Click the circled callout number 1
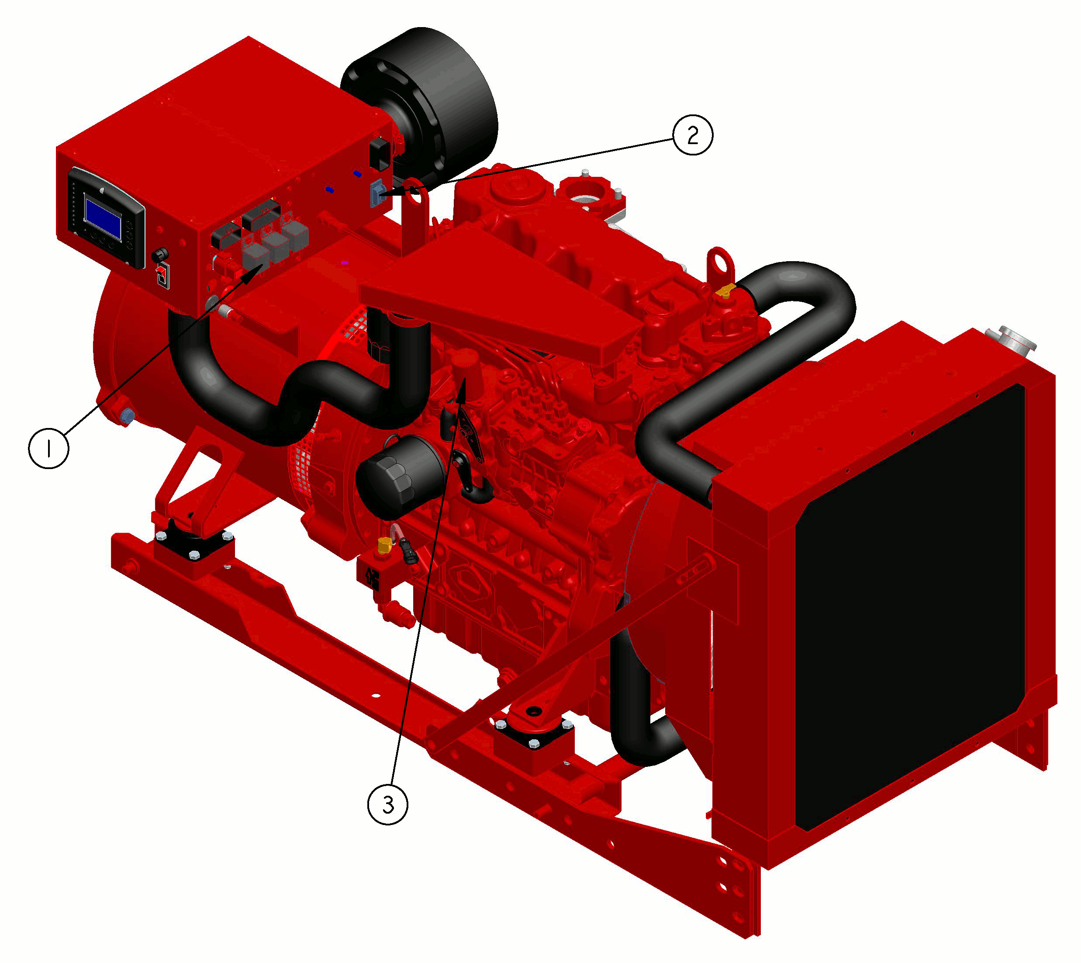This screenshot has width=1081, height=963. (x=48, y=449)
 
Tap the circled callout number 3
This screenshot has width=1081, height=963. (x=388, y=805)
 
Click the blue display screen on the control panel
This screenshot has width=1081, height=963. (x=103, y=217)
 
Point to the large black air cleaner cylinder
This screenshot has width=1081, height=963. (x=423, y=100)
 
